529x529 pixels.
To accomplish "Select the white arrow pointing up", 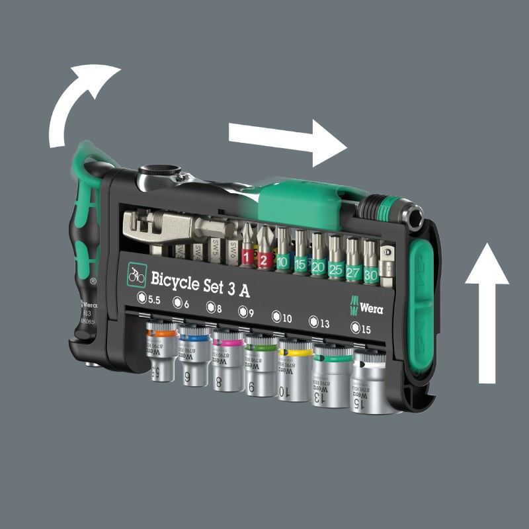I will tap(487, 311).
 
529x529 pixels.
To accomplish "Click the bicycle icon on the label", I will tap(136, 274).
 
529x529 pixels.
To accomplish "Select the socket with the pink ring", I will tap(227, 357).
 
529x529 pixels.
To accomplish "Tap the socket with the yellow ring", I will tap(295, 367).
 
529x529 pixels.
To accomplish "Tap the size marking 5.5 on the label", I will tap(149, 299).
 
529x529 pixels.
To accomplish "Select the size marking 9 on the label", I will tap(245, 311).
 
